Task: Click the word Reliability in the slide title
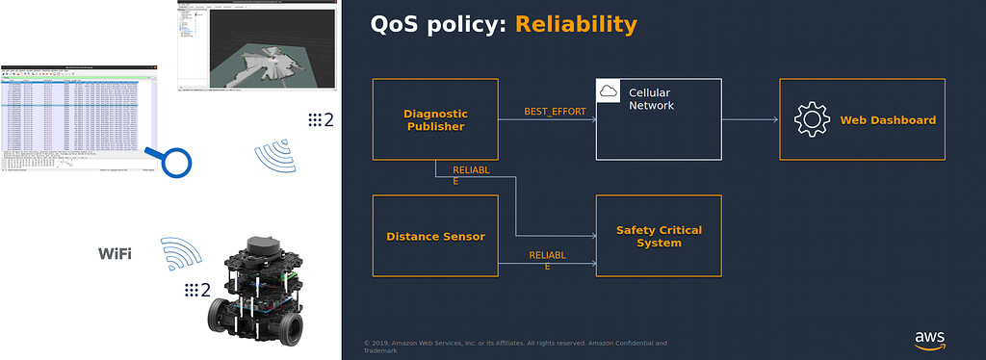576,24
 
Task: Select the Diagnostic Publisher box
435,119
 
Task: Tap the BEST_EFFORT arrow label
555,112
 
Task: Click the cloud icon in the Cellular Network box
608,90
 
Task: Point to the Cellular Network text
650,99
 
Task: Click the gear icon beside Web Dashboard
811,119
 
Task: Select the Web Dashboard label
887,120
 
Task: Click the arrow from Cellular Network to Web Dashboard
750,119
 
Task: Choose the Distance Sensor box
435,237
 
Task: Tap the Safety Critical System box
659,237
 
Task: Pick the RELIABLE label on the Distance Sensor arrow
547,260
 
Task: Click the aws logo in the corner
930,339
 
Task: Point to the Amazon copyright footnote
515,347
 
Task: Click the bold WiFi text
115,254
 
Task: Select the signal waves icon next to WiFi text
181,253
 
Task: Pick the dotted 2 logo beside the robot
197,289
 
